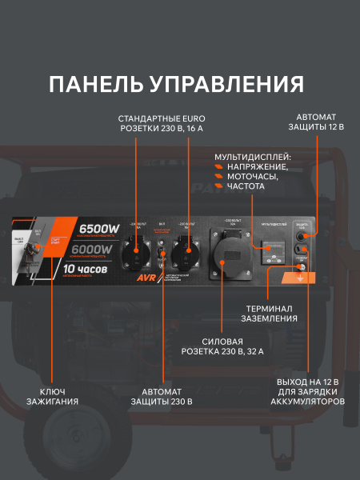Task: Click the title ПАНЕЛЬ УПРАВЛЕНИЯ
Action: tap(176, 85)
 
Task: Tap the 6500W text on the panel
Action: tap(99, 230)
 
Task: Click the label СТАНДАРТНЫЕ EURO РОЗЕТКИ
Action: tap(161, 122)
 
